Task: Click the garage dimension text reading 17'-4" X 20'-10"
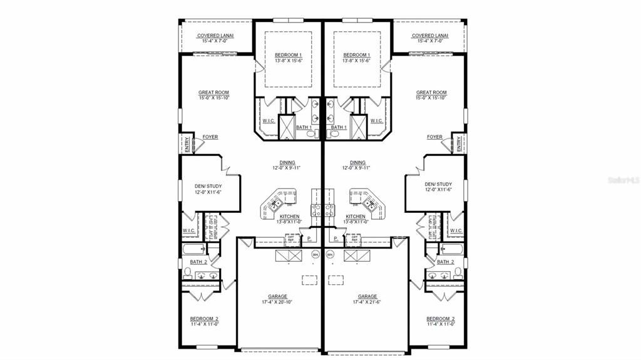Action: coord(278,302)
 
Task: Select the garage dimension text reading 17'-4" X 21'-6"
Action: coord(367,302)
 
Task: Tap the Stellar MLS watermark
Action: coord(623,180)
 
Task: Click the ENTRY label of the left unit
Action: coord(186,144)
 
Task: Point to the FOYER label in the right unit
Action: coord(434,137)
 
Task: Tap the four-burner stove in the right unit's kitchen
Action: coord(328,210)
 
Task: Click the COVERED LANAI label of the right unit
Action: coord(429,36)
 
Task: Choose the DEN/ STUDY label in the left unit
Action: coord(207,186)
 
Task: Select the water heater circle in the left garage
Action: coord(315,254)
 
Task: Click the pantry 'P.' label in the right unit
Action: coord(336,239)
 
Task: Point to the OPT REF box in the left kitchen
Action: coord(290,239)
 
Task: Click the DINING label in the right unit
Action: coord(357,162)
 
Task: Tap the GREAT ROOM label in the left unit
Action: coord(213,93)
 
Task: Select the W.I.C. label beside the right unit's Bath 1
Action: coord(376,121)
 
